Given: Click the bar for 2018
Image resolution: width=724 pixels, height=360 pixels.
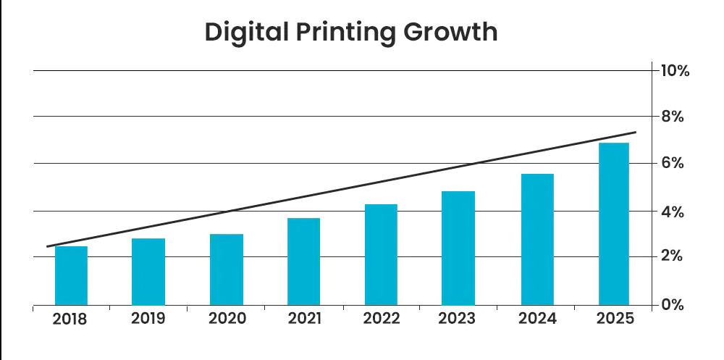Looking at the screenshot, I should (x=71, y=276).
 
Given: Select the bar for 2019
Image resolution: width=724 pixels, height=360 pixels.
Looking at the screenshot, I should (x=148, y=272).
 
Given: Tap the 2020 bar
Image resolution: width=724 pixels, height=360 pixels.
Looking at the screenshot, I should (x=227, y=269).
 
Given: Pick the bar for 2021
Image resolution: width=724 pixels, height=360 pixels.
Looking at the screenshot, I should (x=304, y=261).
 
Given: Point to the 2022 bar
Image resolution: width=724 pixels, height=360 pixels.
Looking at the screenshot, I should (x=381, y=255).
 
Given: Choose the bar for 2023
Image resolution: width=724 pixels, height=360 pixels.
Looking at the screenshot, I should (x=458, y=248).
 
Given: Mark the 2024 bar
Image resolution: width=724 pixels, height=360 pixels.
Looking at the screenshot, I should (x=536, y=240).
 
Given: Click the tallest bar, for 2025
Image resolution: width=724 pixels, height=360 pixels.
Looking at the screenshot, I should (x=614, y=224).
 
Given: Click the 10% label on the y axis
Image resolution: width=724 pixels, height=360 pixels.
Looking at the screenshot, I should (x=675, y=71).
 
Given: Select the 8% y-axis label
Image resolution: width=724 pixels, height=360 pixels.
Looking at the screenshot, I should (x=672, y=117).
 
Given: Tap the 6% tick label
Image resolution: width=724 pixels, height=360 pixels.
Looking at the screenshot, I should (x=672, y=164).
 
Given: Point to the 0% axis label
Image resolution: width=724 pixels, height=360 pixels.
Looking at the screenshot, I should (x=672, y=305).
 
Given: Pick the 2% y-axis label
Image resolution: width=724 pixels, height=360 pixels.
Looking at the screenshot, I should (x=672, y=257).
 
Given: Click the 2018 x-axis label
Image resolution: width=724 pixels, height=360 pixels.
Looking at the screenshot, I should (x=70, y=319).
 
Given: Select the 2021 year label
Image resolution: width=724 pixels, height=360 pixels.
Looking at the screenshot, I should (x=305, y=319).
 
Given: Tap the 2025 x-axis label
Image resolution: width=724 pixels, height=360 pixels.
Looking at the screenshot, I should (x=615, y=319).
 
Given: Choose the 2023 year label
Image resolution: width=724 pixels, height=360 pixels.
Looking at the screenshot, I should (x=459, y=319).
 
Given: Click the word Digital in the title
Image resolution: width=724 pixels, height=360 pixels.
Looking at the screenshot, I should (x=247, y=33).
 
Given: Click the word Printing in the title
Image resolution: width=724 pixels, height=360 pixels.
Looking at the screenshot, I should (x=346, y=33).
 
